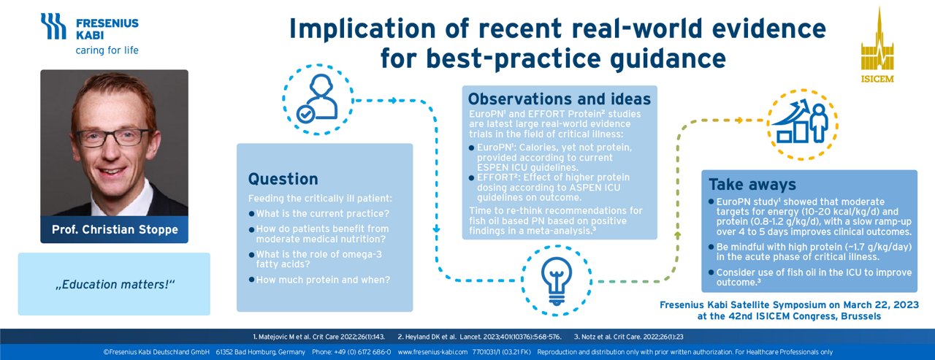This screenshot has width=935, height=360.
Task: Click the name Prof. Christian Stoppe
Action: tap(113, 229)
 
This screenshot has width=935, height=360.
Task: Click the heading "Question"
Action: tap(283, 179)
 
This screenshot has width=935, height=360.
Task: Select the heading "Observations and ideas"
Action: tap(559, 99)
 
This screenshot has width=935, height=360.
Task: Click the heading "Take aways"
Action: tap(752, 184)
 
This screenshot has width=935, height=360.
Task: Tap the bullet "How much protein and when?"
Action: tap(322, 280)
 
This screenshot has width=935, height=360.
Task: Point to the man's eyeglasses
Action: tap(114, 138)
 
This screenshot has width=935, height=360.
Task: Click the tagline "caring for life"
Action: tap(107, 50)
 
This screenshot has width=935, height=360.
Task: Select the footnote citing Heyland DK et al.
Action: tap(479, 337)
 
